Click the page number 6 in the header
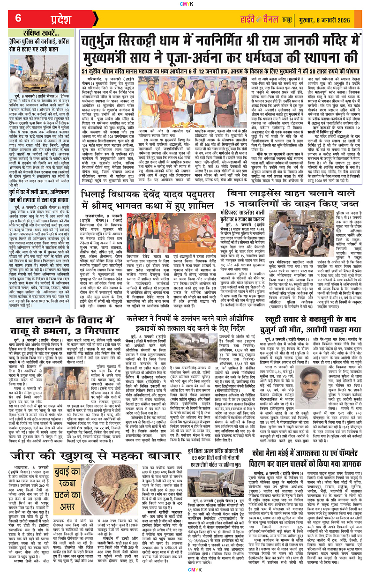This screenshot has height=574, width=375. (x=18, y=18)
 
